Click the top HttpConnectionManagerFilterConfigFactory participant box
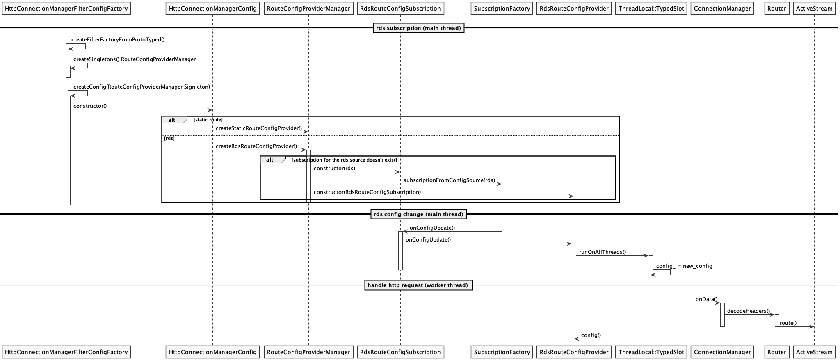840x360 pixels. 66,8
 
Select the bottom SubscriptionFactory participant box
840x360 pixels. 502,352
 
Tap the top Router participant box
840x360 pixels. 776,8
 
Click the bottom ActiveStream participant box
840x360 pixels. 814,352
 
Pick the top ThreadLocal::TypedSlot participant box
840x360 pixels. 651,8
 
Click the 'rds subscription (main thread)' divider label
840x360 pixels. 418,28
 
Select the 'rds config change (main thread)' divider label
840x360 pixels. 418,214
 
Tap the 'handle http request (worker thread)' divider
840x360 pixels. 418,285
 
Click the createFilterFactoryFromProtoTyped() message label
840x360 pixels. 118,40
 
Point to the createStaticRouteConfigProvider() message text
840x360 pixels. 258,128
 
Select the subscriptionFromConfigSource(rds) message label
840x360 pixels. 449,180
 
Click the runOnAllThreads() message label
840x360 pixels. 602,252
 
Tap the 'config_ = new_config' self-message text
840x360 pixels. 684,266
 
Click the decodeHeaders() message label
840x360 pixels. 748,311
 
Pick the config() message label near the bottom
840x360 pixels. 591,335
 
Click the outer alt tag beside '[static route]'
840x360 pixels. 172,120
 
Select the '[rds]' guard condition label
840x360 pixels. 169,138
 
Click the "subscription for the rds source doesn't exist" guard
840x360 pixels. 344,160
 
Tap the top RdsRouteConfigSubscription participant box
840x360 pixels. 400,8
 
